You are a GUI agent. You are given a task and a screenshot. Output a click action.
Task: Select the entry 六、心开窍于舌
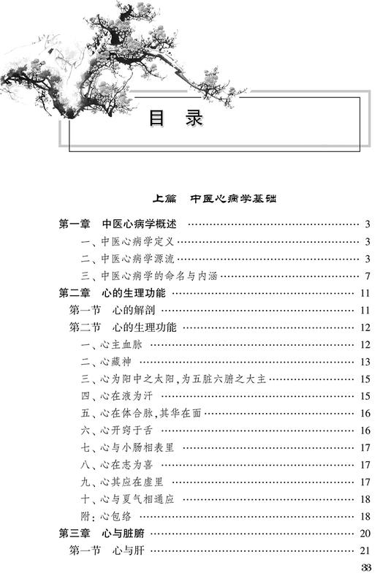[x=120, y=431]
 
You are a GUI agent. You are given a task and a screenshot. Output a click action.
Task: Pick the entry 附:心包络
[x=106, y=518]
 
